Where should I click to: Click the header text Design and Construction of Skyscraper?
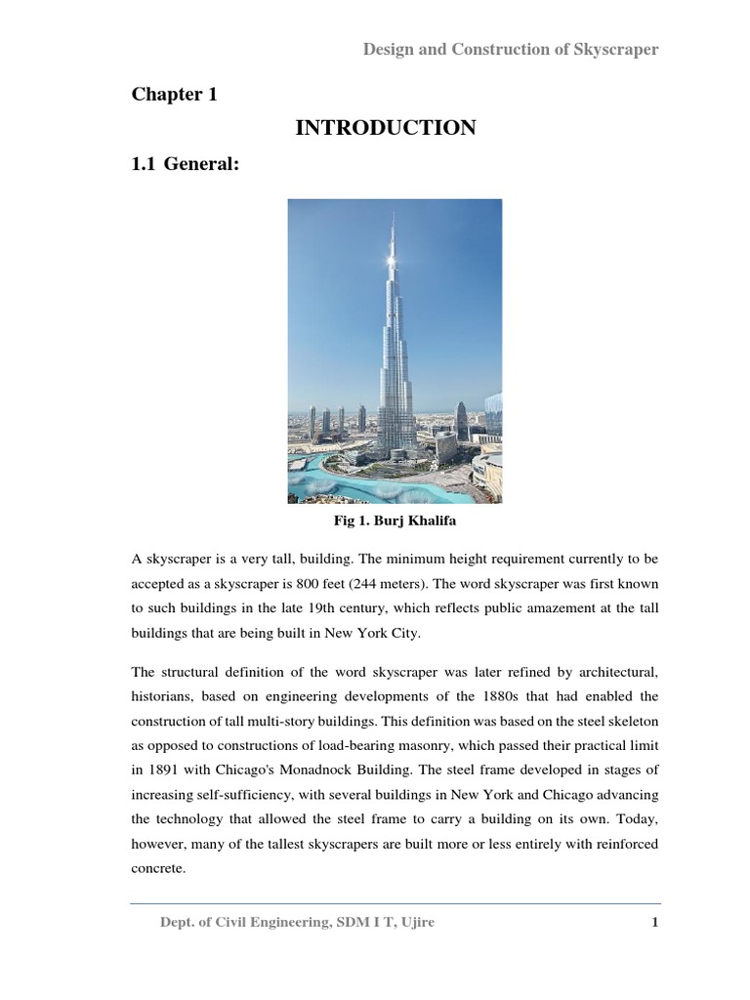pyautogui.click(x=511, y=50)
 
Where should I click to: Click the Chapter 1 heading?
pyautogui.click(x=175, y=95)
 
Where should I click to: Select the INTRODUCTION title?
pyautogui.click(x=385, y=128)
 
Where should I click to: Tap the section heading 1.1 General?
pyautogui.click(x=186, y=165)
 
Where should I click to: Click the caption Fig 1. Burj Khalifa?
pyautogui.click(x=395, y=521)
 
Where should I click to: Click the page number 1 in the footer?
pyautogui.click(x=656, y=924)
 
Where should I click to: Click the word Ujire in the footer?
pyautogui.click(x=414, y=924)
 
